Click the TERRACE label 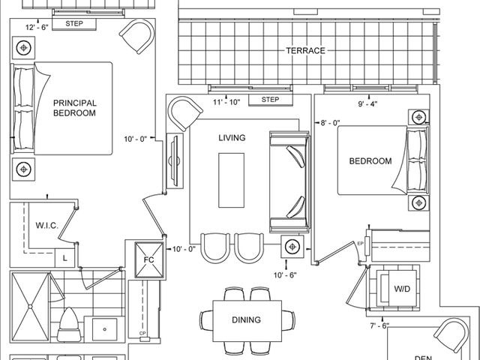(305, 50)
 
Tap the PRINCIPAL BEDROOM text (75, 108)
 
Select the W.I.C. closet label (46, 226)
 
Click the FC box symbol (148, 260)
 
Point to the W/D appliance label (402, 289)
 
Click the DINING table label (247, 320)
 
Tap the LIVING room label (232, 138)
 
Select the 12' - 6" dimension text (37, 28)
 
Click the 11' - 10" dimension (226, 102)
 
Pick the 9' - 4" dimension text (367, 104)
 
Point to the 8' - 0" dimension (330, 123)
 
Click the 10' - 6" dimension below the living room (285, 275)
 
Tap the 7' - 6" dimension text (379, 326)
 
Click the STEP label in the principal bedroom (74, 23)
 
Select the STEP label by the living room (270, 100)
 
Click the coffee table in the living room (232, 180)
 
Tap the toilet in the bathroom (70, 325)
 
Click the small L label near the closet (65, 258)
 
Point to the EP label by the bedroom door (360, 244)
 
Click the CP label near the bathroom (142, 333)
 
